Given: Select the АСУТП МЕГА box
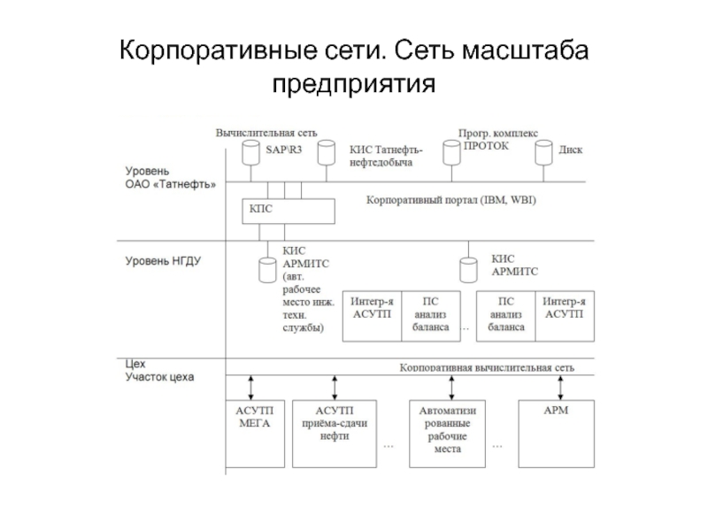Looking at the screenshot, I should (x=253, y=434).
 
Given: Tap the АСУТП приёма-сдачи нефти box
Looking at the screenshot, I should (x=334, y=434).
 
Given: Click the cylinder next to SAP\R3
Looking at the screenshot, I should (x=250, y=152).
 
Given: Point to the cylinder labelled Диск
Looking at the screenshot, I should (x=543, y=152).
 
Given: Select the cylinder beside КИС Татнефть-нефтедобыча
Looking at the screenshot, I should (x=327, y=152).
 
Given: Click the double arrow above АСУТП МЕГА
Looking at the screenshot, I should (x=252, y=387).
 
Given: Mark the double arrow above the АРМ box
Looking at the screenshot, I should (x=560, y=387).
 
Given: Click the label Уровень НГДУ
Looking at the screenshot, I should (x=163, y=261).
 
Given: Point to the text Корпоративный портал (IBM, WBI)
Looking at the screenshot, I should (x=451, y=201).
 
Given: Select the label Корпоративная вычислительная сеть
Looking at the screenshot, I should (x=487, y=366).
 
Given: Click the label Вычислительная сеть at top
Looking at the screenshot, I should (x=266, y=133).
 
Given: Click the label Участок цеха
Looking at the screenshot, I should (x=159, y=376).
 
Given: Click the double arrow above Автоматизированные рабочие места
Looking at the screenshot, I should (x=452, y=387).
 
